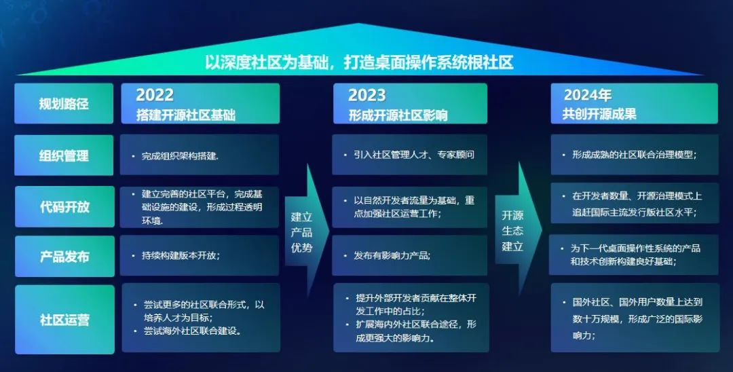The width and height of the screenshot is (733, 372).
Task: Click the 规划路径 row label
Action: [x=64, y=103]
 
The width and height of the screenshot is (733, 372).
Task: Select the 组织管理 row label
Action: [x=64, y=155]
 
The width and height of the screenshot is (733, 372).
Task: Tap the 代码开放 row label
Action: [x=64, y=206]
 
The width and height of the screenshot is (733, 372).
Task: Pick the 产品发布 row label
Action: [x=64, y=257]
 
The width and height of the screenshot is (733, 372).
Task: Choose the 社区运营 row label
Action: [x=64, y=320]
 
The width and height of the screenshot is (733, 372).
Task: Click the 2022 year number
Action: [x=155, y=95]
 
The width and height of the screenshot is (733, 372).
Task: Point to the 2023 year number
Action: [x=367, y=95]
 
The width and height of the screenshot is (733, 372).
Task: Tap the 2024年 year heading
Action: [x=588, y=95]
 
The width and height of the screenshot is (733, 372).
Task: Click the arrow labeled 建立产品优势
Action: [x=307, y=230]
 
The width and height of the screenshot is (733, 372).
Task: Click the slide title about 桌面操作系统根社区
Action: [x=359, y=62]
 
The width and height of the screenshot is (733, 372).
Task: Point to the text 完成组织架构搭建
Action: [x=180, y=156]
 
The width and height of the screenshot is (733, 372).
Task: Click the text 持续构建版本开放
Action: [x=181, y=256]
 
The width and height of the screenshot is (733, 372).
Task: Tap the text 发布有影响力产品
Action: [x=392, y=256]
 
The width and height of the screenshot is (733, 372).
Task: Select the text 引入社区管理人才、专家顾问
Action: [x=414, y=155]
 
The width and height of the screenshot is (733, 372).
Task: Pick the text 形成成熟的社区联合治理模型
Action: [x=635, y=155]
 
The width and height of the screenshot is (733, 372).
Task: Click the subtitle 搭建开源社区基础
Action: [x=186, y=115]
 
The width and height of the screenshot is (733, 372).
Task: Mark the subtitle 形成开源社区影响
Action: [x=398, y=115]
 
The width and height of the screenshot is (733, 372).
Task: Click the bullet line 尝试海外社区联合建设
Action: [x=193, y=331]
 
